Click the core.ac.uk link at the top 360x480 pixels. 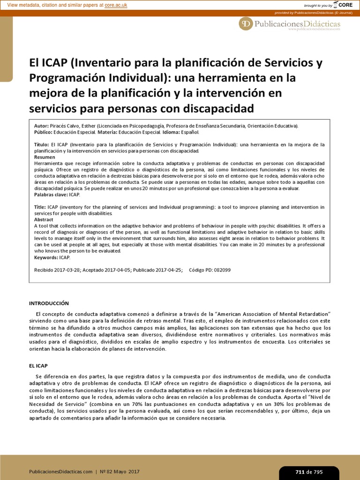[x=117, y=5]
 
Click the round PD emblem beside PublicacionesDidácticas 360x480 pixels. [x=246, y=24]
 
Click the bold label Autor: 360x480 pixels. [x=42, y=126]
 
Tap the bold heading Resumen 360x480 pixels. [x=45, y=157]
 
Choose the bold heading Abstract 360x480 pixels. [x=44, y=219]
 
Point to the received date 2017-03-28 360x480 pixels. [x=67, y=270]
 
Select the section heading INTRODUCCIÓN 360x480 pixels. [x=49, y=303]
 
